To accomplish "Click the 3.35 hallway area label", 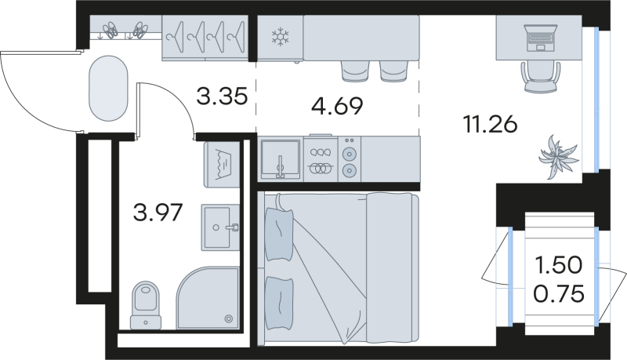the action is pos(223,96).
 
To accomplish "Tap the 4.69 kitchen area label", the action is pos(338,107).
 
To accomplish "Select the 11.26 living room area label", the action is pos(491,124).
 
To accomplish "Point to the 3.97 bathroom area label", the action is pos(158,213).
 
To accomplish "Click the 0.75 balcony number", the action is pos(559,294).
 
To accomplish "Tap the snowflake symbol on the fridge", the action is pos(281,36).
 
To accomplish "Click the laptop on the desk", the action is pos(540,38).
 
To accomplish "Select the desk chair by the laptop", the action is pos(540,77).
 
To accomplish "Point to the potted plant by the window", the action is pos(557,157).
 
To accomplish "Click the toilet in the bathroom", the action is pos(146,305).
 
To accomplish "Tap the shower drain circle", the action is pos(229,318).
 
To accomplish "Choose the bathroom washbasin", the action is pos(220,227).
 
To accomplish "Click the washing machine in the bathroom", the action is pos(222,165).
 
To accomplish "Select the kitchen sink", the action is pos(281,159).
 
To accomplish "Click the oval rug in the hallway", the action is pos(108,89).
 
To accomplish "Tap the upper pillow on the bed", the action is pos(279,234).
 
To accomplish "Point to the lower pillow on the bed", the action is pos(279,304).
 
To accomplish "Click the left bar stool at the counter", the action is pos(355,71).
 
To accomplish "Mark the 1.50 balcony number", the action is pos(559,265).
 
